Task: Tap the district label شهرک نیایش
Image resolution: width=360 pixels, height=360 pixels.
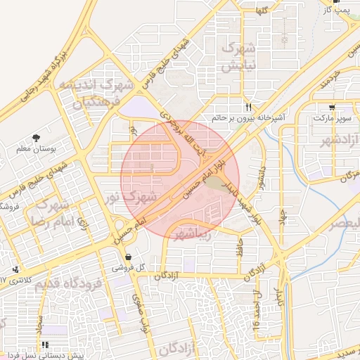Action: pyautogui.click(x=236, y=58)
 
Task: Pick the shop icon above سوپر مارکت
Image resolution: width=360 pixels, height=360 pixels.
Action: pyautogui.click(x=332, y=108)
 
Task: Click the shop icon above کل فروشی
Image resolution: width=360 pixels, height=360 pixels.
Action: pyautogui.click(x=128, y=256)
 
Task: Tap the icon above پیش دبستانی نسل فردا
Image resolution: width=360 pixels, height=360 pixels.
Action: pyautogui.click(x=44, y=345)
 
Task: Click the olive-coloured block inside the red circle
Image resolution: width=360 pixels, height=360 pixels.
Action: pyautogui.click(x=215, y=185)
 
